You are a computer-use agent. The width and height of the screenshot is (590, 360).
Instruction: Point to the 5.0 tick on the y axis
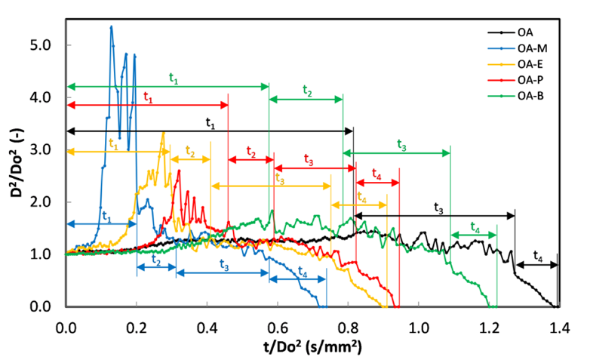pos(40,45)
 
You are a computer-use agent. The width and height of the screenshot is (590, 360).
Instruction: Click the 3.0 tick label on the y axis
pos(40,149)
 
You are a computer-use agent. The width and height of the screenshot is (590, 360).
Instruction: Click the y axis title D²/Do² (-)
pos(16,173)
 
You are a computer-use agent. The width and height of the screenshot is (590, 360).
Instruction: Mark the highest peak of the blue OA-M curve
pos(112,26)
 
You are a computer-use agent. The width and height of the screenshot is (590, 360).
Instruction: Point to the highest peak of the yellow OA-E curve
pos(164,133)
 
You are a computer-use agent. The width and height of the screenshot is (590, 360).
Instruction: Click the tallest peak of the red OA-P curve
pos(179,171)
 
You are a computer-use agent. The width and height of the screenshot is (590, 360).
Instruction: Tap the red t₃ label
pos(309,158)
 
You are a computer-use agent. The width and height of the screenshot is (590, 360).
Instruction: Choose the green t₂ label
pos(307,90)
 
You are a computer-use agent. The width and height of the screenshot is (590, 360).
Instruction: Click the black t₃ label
pos(438,207)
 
